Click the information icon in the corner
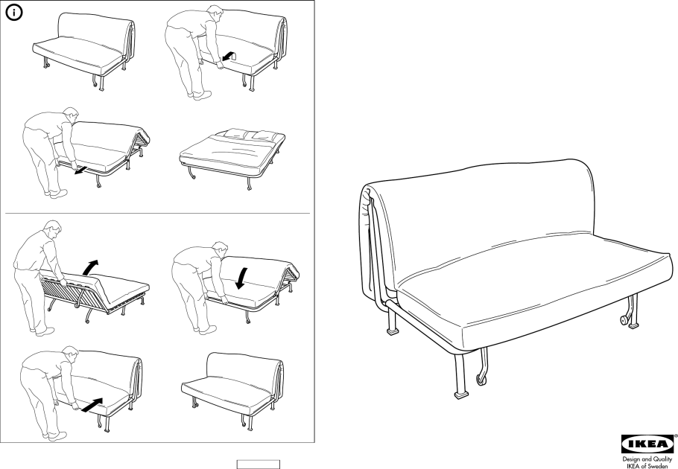14,13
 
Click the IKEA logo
647,444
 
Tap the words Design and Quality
647,459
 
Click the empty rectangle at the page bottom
258,465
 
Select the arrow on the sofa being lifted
228,56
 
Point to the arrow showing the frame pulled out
79,171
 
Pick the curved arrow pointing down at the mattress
241,278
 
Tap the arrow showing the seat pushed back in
92,405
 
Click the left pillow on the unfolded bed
235,133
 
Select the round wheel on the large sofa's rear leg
625,320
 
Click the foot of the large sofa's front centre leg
461,394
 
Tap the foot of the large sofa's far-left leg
392,332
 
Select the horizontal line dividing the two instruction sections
157,213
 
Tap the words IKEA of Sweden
647,466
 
